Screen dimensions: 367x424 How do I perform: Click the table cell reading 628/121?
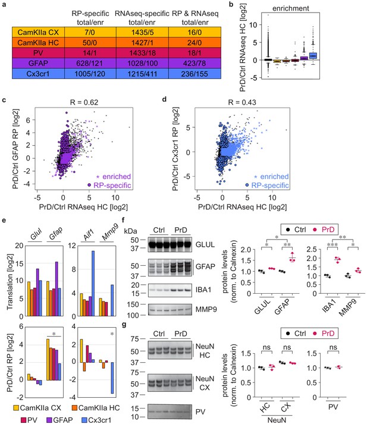click(x=90, y=63)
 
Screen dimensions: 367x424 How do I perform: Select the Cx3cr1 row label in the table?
click(x=38, y=74)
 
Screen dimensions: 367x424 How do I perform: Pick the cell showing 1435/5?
click(x=142, y=33)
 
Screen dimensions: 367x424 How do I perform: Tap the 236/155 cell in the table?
click(x=195, y=74)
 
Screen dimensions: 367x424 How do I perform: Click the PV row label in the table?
click(x=38, y=53)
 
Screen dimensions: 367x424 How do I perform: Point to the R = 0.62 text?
click(x=84, y=102)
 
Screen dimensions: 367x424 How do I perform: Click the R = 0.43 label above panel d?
click(x=242, y=102)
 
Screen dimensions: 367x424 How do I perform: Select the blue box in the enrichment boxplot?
click(x=313, y=55)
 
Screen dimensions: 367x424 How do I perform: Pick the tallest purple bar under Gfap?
click(x=57, y=289)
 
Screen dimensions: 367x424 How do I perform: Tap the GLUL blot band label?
click(x=205, y=244)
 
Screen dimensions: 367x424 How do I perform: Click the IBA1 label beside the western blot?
click(x=203, y=290)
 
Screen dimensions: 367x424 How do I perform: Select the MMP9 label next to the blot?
click(x=206, y=309)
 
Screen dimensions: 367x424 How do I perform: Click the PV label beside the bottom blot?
click(x=200, y=412)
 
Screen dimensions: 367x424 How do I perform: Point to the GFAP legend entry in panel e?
click(x=59, y=420)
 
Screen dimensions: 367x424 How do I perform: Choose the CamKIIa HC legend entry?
click(x=96, y=408)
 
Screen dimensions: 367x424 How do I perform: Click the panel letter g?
click(x=124, y=325)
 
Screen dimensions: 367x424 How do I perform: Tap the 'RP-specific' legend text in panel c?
click(x=112, y=185)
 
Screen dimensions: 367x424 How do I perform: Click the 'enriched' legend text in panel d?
click(x=274, y=177)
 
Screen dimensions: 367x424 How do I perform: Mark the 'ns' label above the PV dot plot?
click(x=333, y=347)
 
